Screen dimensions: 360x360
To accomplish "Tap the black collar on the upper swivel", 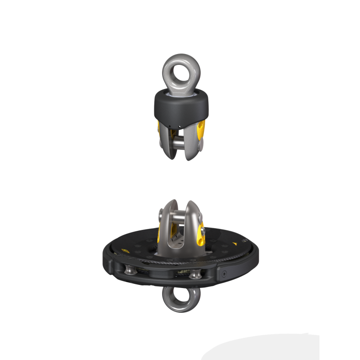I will click(x=180, y=106).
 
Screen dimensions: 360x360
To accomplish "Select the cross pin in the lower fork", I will click(x=179, y=218).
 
